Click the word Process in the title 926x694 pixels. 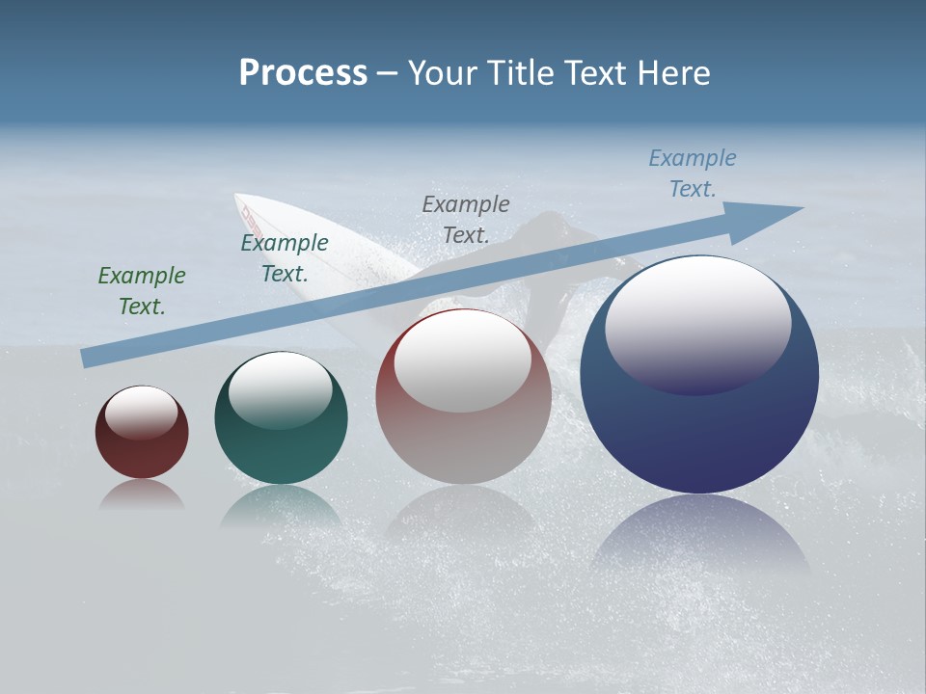(303, 73)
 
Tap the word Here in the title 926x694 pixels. (675, 73)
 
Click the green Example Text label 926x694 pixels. (141, 291)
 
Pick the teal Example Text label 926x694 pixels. (285, 258)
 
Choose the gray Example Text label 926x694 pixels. (466, 219)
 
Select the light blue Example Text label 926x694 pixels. (693, 173)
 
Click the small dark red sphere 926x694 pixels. (142, 453)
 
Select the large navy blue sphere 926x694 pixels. (699, 434)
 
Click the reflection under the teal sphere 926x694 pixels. (281, 506)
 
